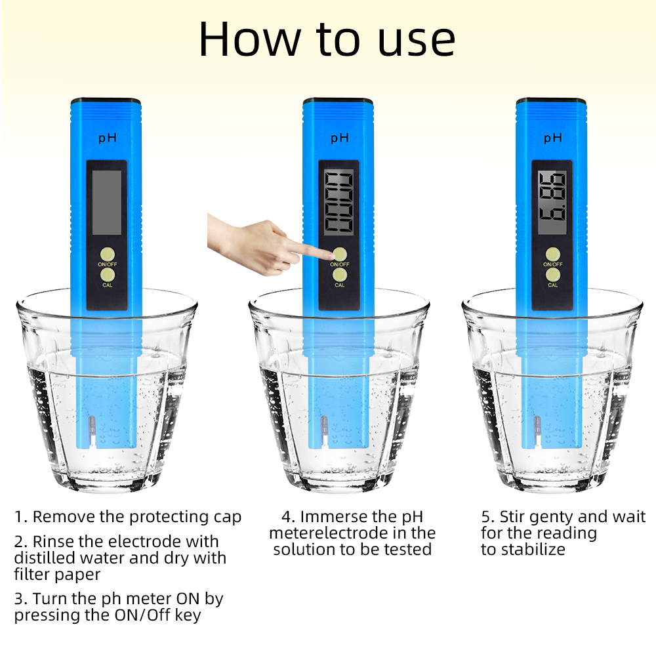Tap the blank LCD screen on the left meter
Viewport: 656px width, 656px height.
pos(106,202)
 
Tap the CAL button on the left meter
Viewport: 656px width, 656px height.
pos(107,274)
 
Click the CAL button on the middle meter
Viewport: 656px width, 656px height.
pos(339,274)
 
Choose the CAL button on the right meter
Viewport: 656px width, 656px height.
pos(553,274)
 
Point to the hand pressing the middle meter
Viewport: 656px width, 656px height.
pos(256,244)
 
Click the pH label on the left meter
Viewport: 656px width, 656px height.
pos(107,138)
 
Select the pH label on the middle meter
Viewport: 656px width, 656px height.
pos(339,138)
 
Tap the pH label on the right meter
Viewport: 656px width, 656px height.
pos(553,138)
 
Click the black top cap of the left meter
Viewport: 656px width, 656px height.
pos(106,102)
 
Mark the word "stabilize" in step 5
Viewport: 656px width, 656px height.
pos(532,550)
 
